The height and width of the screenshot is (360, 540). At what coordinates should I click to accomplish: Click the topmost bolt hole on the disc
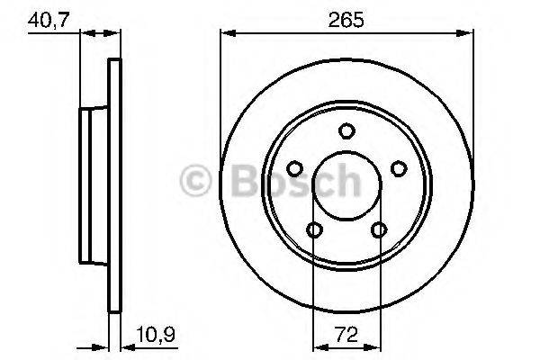(346, 131)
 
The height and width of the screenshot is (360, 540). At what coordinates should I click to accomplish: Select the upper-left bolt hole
(294, 168)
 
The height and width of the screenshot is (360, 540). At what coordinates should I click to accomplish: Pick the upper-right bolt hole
(399, 168)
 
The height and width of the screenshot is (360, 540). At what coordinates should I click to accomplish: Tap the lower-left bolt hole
(314, 230)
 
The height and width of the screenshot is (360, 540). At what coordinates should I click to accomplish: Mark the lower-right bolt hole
(379, 230)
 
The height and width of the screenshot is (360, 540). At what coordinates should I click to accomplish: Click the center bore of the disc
(346, 186)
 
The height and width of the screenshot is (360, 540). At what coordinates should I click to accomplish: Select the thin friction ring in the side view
(113, 186)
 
